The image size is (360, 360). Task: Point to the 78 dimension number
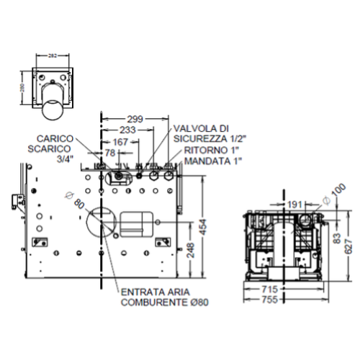[x=111, y=153]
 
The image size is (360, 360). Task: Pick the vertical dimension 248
[x=190, y=250]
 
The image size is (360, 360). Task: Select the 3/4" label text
[x=64, y=160]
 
